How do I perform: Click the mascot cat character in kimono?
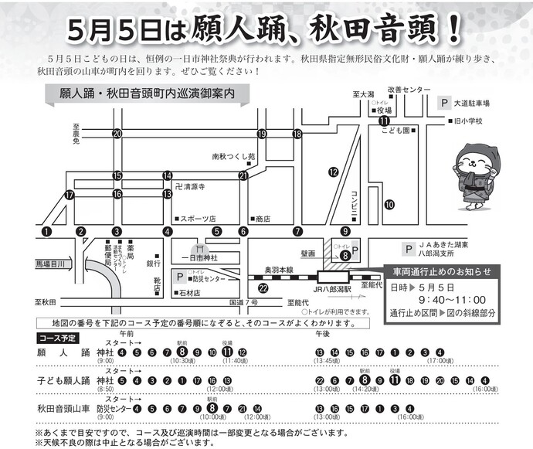pyautogui.click(x=474, y=179)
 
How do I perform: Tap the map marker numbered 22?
pyautogui.click(x=264, y=288)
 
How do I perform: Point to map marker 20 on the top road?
pyautogui.click(x=117, y=134)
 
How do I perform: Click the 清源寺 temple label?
pyautogui.click(x=192, y=186)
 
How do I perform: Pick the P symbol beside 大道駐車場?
pyautogui.click(x=443, y=102)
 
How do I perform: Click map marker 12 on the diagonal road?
pyautogui.click(x=334, y=172)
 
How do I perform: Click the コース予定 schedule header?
pyautogui.click(x=57, y=338)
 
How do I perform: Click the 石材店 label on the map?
pyautogui.click(x=188, y=293)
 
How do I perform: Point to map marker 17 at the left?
pyautogui.click(x=70, y=196)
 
